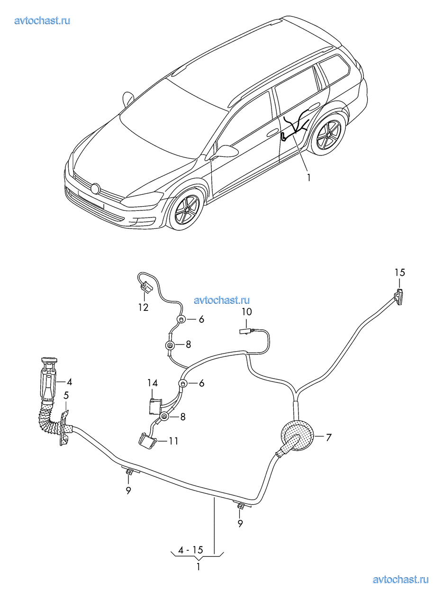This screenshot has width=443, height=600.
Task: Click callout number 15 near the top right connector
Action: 400,273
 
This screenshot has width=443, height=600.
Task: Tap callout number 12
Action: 143,307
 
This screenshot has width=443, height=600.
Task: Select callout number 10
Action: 247,312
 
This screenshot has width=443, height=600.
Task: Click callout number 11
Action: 173,441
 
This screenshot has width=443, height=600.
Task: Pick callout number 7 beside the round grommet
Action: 328,436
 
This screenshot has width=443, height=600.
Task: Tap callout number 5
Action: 66,394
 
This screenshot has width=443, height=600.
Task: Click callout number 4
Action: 69,381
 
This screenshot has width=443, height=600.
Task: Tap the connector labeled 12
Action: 145,287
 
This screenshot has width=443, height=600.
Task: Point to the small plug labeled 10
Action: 245,332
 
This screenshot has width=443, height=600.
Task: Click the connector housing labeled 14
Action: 153,406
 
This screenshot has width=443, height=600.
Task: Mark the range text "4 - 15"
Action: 190,550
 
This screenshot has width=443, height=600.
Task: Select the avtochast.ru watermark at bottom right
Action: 401,579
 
